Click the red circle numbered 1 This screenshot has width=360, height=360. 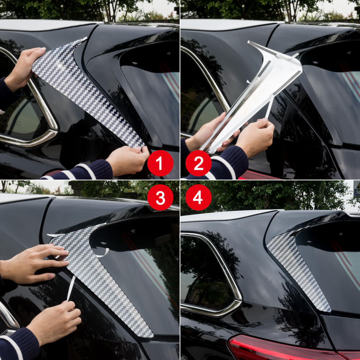pos(160,163)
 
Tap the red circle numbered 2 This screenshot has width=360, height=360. pos(198,163)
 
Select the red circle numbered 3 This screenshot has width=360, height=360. pos(160,197)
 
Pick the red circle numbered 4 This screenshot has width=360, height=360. pos(198,197)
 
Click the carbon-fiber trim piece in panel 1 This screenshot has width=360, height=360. pos(90,90)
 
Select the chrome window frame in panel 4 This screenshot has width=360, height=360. pos(230,274)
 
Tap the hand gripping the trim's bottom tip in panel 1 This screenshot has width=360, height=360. pos(128,160)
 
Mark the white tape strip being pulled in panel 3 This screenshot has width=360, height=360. pos(71,288)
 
